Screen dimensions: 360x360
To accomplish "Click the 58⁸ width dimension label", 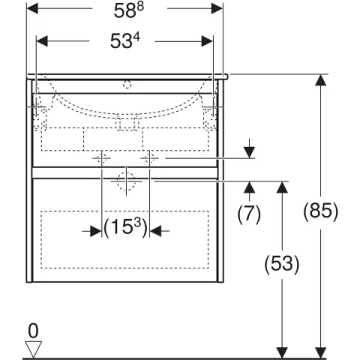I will pos(124,10).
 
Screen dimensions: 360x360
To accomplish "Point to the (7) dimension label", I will pos(249,214).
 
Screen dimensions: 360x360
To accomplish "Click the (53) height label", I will pos(280,263).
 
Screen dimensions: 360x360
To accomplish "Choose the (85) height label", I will pos(322,211).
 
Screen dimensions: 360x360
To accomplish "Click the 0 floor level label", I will pos(32,330).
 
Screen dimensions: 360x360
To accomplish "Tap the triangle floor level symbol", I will pos(33,346).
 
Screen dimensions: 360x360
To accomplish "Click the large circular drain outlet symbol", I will pos(125,180).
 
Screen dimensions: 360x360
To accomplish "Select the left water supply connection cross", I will pos(102,159).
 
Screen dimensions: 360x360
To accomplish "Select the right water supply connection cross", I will pos(149,159).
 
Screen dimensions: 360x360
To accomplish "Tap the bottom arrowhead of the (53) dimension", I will pos(281,351).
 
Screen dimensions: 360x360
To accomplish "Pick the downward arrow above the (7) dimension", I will pos(250,151).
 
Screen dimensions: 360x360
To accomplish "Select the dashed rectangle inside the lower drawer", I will pos(125,238).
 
